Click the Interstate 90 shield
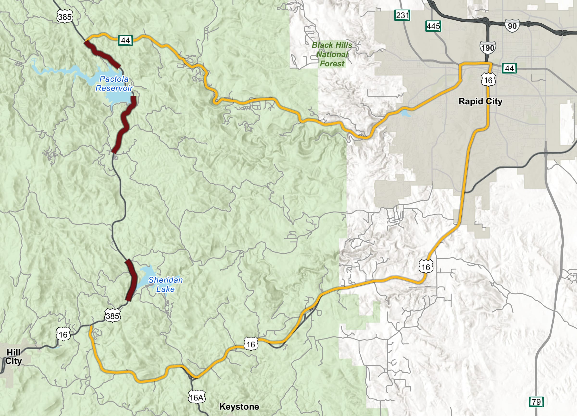(512, 26)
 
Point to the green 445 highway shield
(433, 26)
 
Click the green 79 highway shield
(536, 402)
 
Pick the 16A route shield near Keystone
(196, 398)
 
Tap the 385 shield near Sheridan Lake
(113, 316)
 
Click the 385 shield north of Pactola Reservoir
(65, 17)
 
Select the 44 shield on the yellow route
(125, 40)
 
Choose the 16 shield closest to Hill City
(63, 334)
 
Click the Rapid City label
(480, 101)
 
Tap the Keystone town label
(239, 407)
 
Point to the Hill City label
(13, 356)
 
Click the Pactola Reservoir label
(114, 84)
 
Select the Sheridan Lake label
(165, 284)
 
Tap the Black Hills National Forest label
(332, 54)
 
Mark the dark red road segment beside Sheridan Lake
(131, 280)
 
